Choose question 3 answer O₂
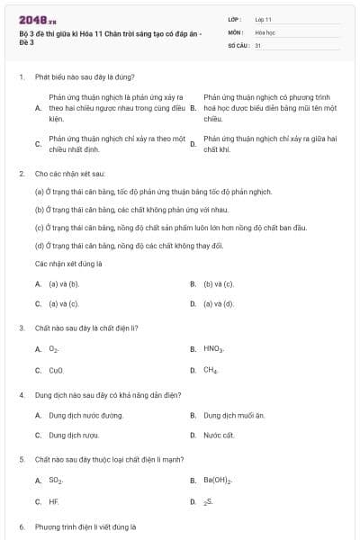tap(54, 348)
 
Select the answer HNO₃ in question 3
tap(213, 348)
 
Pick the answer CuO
tap(56, 370)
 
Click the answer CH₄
tap(211, 370)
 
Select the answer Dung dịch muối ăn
tap(234, 415)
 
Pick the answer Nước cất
tap(219, 436)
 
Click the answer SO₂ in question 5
tap(56, 481)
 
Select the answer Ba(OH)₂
tap(218, 481)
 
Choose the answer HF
tap(53, 501)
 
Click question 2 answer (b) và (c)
tap(219, 283)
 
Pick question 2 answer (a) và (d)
tap(219, 304)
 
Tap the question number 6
tap(21, 526)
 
